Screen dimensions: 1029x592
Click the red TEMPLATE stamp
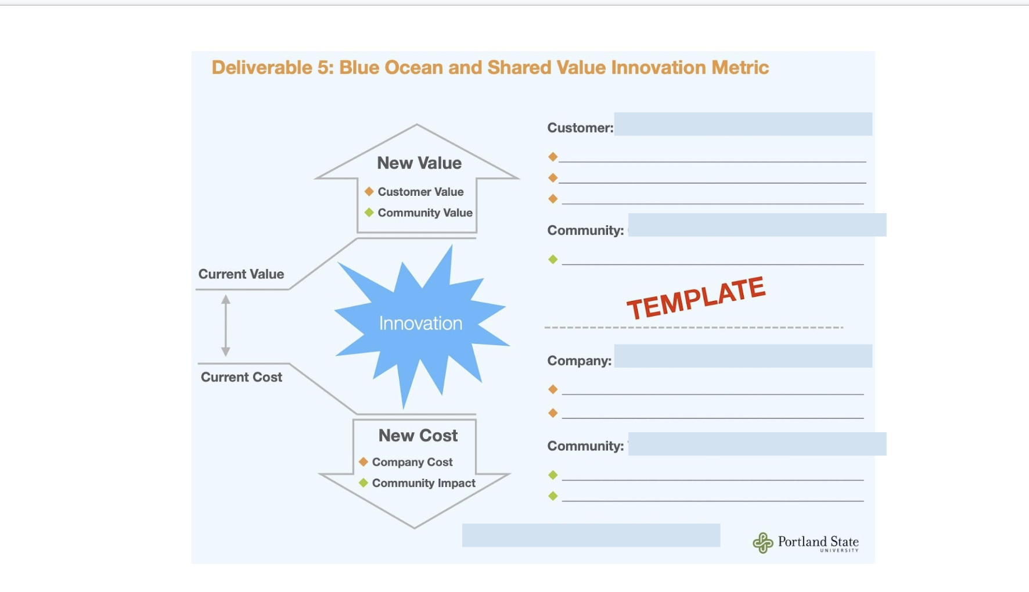pyautogui.click(x=696, y=297)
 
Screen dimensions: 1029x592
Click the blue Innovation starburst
pyautogui.click(x=421, y=324)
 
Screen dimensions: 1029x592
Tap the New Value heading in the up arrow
pyautogui.click(x=419, y=163)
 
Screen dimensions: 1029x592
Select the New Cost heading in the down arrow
pyautogui.click(x=418, y=435)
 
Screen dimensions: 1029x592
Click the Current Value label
pyautogui.click(x=241, y=274)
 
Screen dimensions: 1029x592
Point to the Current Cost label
pyautogui.click(x=242, y=377)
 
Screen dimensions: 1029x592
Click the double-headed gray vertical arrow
pyautogui.click(x=226, y=325)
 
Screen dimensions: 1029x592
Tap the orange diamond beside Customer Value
pyautogui.click(x=369, y=191)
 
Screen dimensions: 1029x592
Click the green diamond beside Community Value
pyautogui.click(x=369, y=213)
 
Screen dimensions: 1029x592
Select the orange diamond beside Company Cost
pyautogui.click(x=364, y=462)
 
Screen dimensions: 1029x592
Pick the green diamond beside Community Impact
pyautogui.click(x=364, y=483)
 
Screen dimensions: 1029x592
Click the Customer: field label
pyautogui.click(x=580, y=128)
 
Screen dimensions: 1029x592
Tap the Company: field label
pyautogui.click(x=580, y=361)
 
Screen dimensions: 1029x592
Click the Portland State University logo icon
pyautogui.click(x=763, y=543)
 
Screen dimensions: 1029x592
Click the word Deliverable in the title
pyautogui.click(x=262, y=67)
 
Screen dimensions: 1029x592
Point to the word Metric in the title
pyautogui.click(x=740, y=67)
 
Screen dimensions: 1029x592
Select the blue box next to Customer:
pyautogui.click(x=743, y=124)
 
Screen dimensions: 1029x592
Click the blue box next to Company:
pyautogui.click(x=743, y=356)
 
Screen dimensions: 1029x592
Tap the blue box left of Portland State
pyautogui.click(x=591, y=535)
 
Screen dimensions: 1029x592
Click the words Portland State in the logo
pyautogui.click(x=818, y=541)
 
